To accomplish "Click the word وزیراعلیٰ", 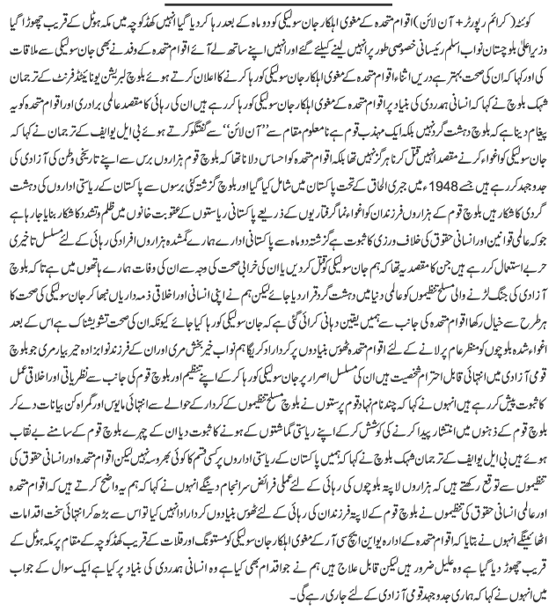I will point(534,38).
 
